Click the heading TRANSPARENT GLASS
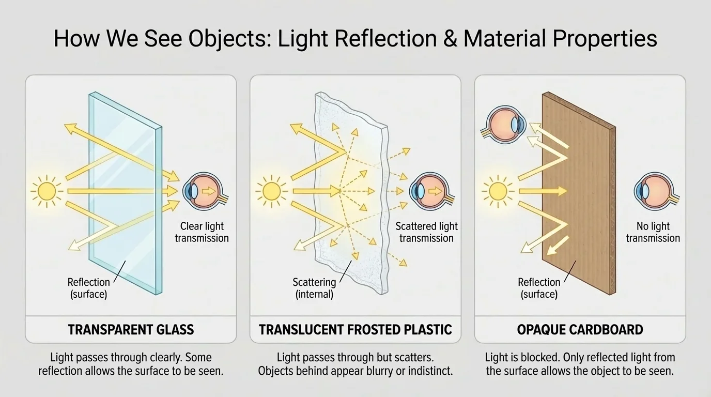click(131, 329)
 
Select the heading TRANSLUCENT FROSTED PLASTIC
click(355, 329)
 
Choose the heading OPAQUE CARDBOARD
click(580, 329)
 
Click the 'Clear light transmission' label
click(202, 232)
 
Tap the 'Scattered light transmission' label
click(426, 232)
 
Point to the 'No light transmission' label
click(653, 232)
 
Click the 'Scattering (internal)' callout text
click(314, 288)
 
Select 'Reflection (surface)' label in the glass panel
click(89, 288)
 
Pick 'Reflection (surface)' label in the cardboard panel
click(539, 288)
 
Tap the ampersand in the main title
click(450, 39)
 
